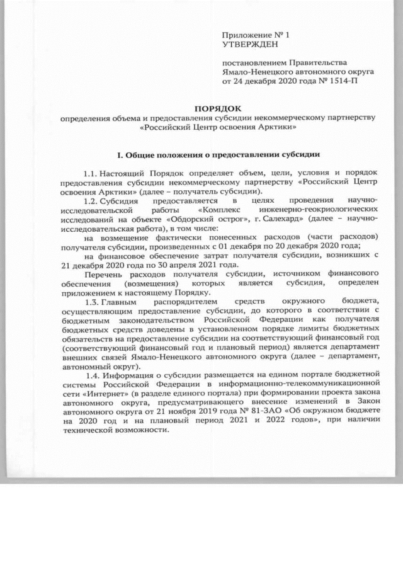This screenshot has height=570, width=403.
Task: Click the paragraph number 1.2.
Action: (x=91, y=200)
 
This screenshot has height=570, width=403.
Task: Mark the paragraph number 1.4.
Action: (x=91, y=377)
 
